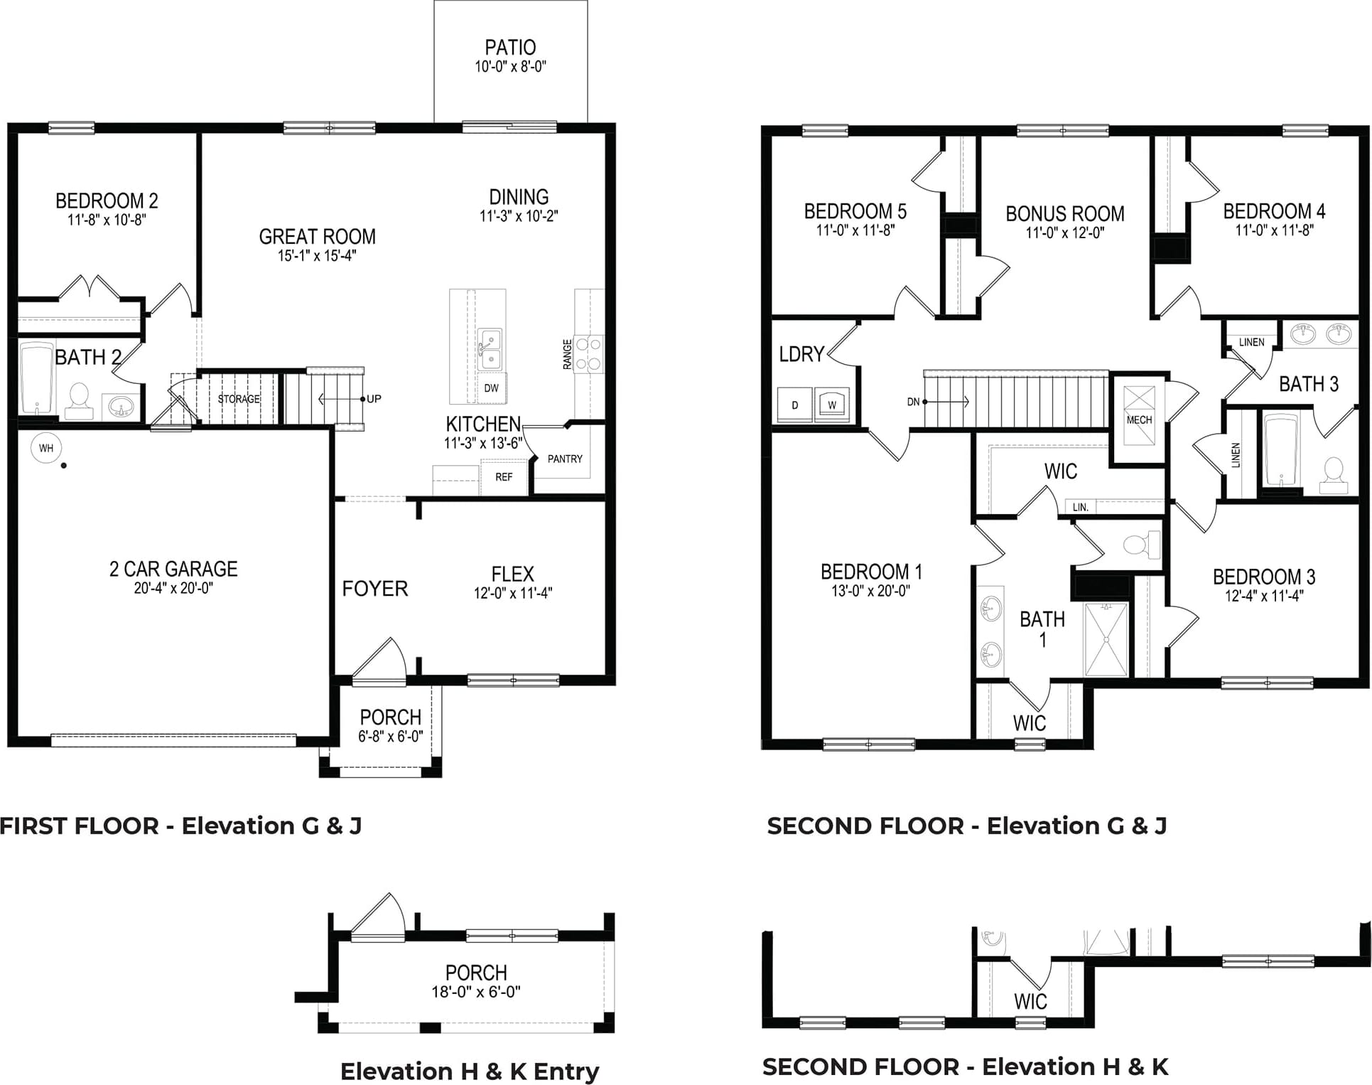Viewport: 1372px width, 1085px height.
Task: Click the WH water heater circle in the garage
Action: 46,448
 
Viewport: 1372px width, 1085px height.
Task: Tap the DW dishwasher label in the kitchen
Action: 491,388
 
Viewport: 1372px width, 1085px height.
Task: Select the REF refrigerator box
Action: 504,477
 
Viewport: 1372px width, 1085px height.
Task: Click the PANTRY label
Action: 565,459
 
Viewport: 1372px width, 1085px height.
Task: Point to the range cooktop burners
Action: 588,354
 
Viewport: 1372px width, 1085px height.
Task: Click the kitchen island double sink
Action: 490,349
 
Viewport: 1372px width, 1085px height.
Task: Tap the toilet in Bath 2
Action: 79,401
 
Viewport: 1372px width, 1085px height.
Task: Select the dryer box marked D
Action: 794,405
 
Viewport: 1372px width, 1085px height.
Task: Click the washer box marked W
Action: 832,405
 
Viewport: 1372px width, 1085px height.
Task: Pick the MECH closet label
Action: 1139,420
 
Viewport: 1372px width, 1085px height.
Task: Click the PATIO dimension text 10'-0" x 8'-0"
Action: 510,67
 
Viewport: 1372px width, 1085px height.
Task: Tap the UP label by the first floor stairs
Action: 374,399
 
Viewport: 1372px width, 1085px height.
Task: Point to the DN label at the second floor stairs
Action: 914,402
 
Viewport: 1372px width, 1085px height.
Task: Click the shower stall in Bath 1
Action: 1106,639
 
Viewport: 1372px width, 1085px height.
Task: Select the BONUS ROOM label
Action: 1065,214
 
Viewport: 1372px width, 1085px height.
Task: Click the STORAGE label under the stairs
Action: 239,399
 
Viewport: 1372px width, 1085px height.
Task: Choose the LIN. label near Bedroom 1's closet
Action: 1081,507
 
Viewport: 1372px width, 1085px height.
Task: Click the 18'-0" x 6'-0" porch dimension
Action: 476,992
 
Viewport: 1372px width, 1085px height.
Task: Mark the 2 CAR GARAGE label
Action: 173,569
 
